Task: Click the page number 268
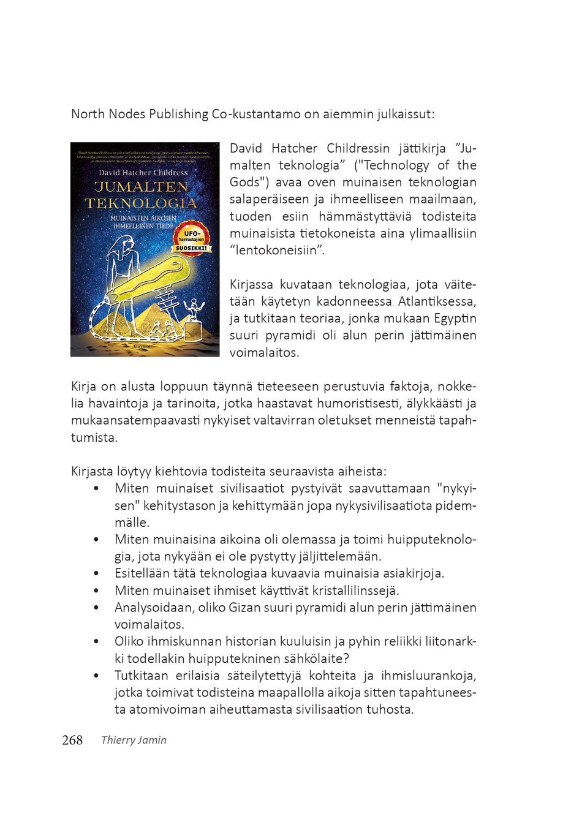(72, 740)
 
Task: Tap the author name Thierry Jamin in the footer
(134, 740)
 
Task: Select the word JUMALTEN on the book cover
(142, 187)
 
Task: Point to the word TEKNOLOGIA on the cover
(142, 203)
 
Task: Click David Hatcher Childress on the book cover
(143, 173)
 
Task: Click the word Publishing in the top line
(179, 114)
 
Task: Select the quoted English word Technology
(396, 165)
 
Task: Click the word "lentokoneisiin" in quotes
(277, 251)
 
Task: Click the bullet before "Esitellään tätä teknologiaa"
(96, 574)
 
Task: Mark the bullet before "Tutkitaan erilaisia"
(96, 676)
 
